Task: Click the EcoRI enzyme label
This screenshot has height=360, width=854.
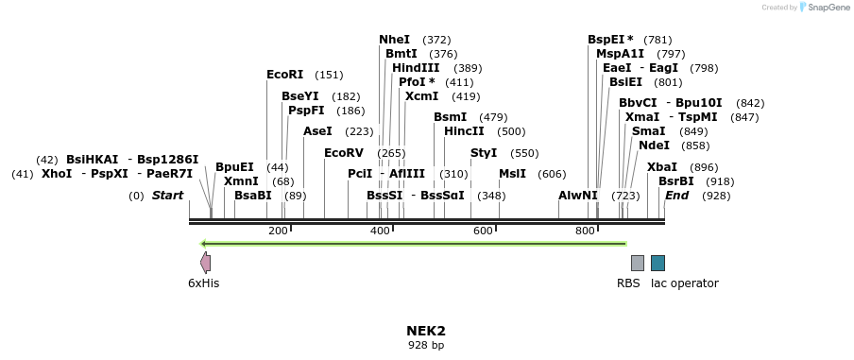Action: click(284, 75)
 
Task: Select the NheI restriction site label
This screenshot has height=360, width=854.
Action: click(394, 40)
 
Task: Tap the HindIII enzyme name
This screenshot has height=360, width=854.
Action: click(416, 68)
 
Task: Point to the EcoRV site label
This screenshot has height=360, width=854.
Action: click(343, 153)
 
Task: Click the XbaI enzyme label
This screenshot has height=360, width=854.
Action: click(661, 167)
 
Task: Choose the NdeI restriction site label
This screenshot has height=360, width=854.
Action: click(654, 146)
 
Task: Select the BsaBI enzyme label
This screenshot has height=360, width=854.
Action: click(252, 196)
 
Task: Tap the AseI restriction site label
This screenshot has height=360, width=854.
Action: click(317, 131)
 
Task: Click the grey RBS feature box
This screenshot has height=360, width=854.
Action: click(638, 263)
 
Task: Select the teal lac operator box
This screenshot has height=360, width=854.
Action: click(658, 263)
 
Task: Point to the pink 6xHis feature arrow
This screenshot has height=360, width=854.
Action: click(205, 263)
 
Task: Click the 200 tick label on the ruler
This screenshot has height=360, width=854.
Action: click(278, 231)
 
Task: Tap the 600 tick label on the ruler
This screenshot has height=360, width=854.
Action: click(483, 231)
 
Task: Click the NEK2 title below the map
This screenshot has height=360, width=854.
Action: click(426, 331)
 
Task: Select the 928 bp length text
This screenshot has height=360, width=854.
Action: click(426, 346)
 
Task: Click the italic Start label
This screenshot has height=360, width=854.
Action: click(167, 196)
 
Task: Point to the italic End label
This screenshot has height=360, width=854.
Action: click(676, 196)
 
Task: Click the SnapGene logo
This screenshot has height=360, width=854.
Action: click(821, 8)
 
